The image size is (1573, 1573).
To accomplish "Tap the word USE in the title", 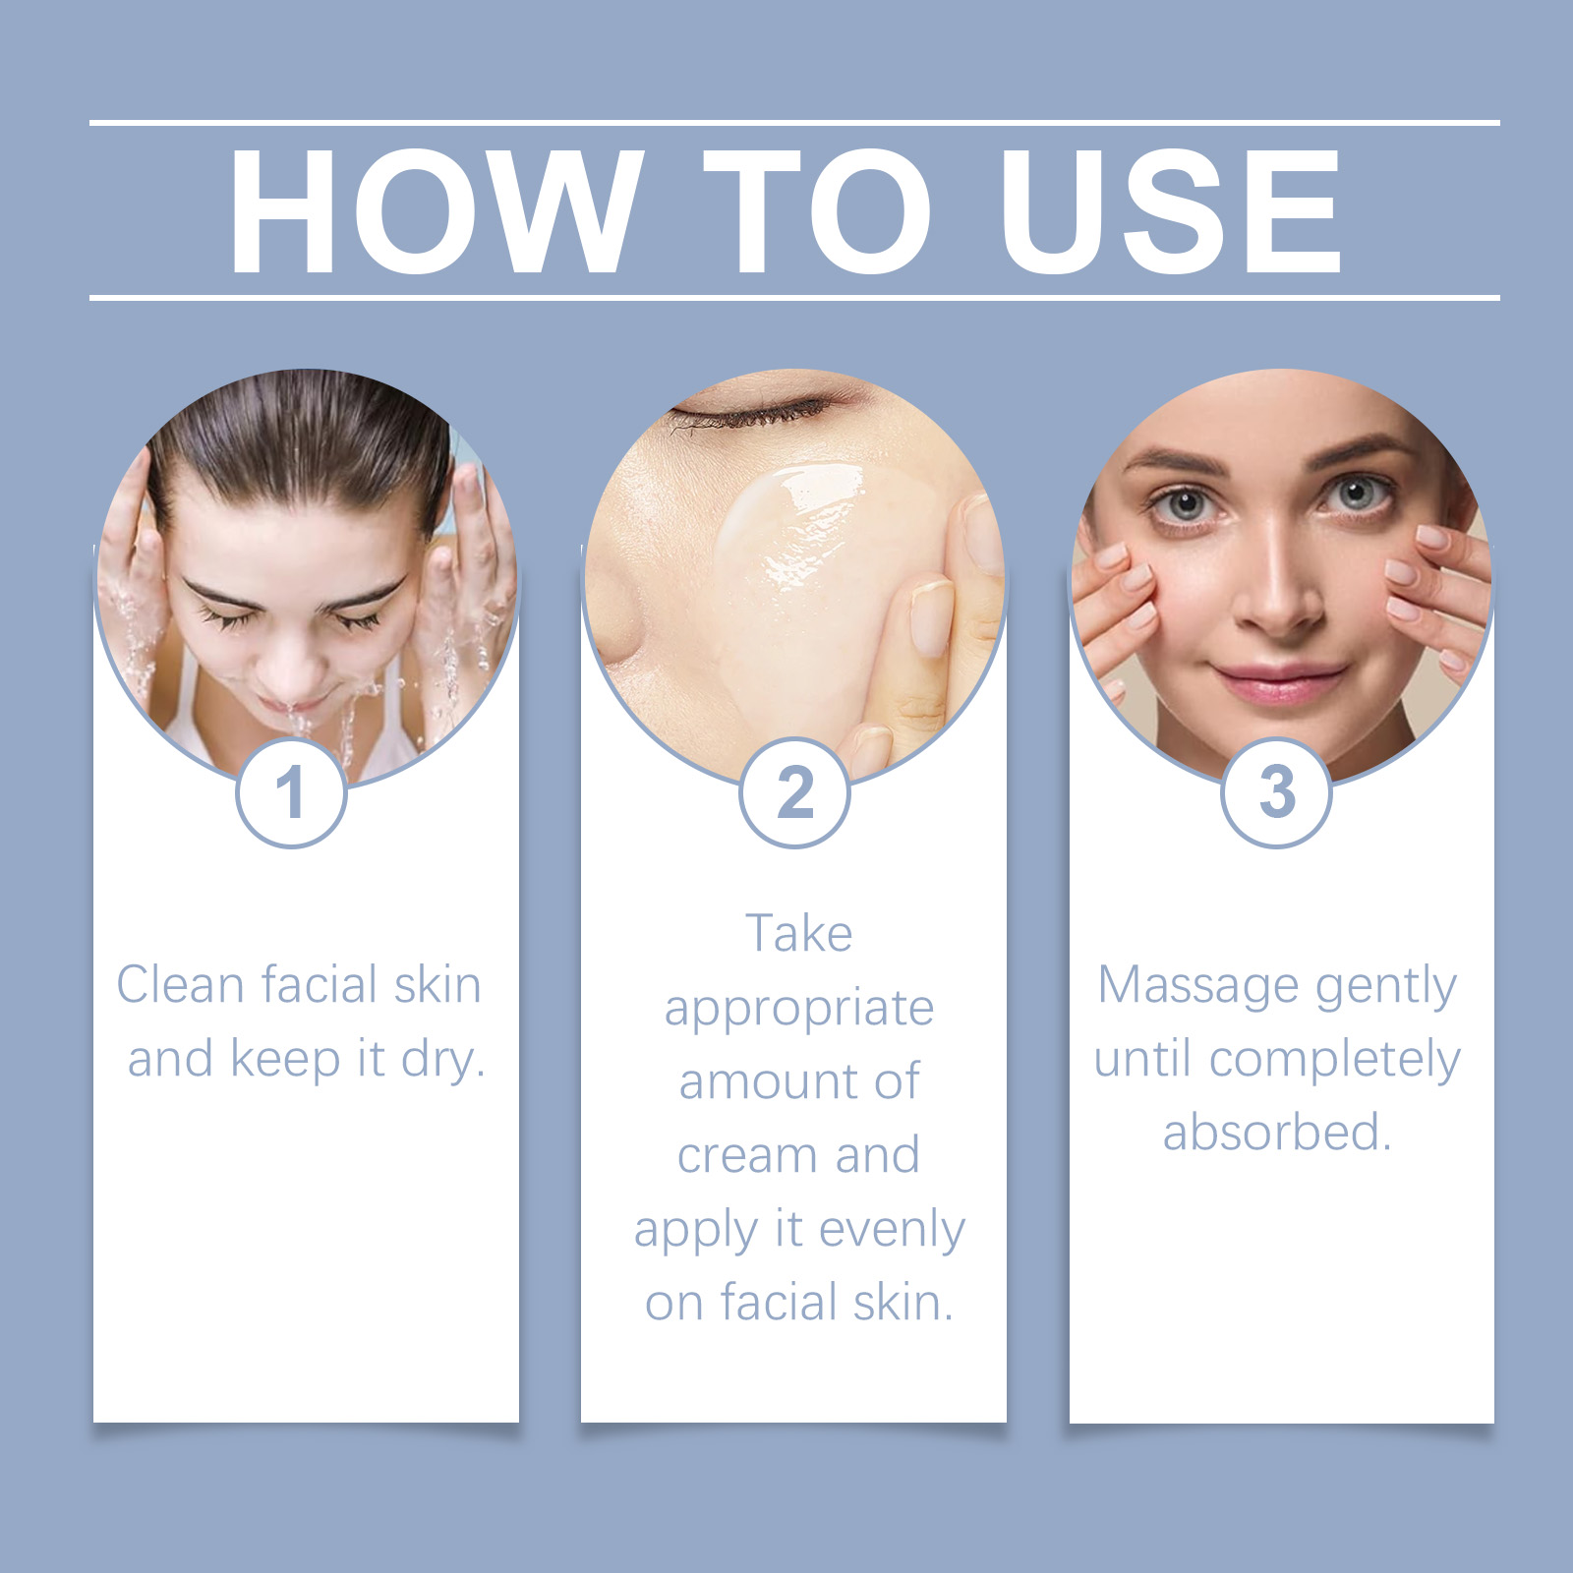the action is pyautogui.click(x=1171, y=211).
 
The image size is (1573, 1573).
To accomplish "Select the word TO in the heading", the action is pyautogui.click(x=818, y=211).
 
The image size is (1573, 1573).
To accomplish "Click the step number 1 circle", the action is pyautogui.click(x=291, y=792).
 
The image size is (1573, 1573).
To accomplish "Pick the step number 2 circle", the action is pyautogui.click(x=794, y=792).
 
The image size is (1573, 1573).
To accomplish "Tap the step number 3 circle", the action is pyautogui.click(x=1277, y=792).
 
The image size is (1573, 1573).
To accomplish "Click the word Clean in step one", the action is pyautogui.click(x=180, y=984).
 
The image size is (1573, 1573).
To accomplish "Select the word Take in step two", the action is pyautogui.click(x=798, y=933).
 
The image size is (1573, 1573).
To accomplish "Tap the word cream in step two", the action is pyautogui.click(x=749, y=1156).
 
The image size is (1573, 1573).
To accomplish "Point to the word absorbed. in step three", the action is pyautogui.click(x=1277, y=1132).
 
